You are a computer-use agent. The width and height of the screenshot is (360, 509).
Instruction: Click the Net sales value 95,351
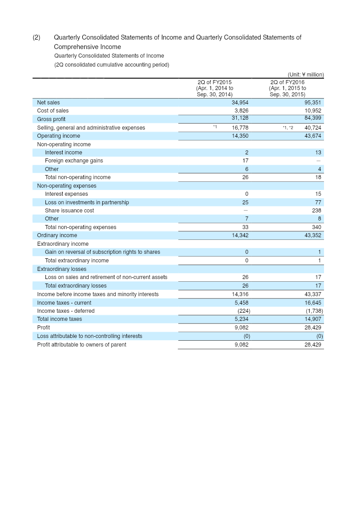click(313, 103)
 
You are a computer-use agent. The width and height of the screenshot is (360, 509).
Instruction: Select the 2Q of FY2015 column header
click(215, 88)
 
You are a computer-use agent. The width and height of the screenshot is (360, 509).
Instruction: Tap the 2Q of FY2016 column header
click(288, 88)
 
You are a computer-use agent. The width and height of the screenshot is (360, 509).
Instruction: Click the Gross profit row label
click(51, 119)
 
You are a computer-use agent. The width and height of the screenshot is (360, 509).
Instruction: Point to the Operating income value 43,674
click(313, 136)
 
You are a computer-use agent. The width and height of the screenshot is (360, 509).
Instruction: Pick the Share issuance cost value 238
click(316, 211)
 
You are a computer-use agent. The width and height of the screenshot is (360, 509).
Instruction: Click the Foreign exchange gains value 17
click(245, 161)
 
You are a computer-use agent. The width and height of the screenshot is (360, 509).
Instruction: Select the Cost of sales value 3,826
click(242, 111)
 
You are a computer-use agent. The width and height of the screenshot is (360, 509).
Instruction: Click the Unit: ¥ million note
click(306, 75)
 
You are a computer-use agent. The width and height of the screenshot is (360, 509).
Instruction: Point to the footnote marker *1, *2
click(288, 128)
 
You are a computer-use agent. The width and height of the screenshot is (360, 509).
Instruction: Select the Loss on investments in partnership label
click(87, 203)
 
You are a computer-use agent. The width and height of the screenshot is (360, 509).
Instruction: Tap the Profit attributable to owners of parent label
click(81, 345)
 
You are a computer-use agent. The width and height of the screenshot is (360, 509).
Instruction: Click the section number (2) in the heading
click(36, 37)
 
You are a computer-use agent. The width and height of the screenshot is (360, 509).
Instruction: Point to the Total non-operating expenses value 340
click(316, 227)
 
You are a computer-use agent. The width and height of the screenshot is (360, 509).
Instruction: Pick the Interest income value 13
click(318, 153)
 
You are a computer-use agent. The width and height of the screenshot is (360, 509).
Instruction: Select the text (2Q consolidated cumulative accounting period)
click(112, 65)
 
